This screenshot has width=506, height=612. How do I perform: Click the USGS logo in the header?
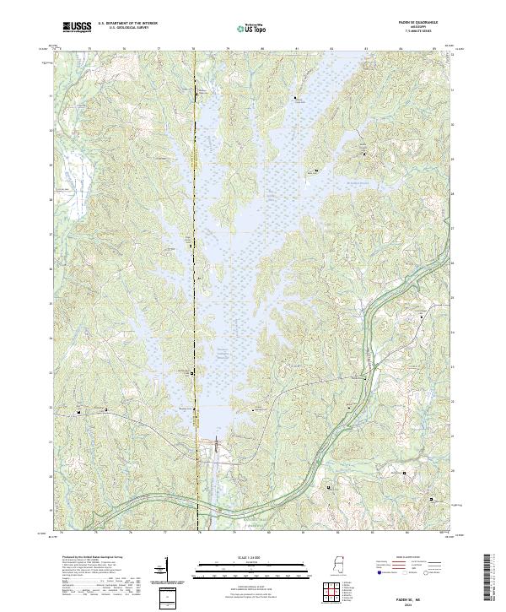coord(77,27)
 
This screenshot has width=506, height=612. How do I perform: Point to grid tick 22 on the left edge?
coord(51,407)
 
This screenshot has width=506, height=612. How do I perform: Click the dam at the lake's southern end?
coord(214,440)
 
